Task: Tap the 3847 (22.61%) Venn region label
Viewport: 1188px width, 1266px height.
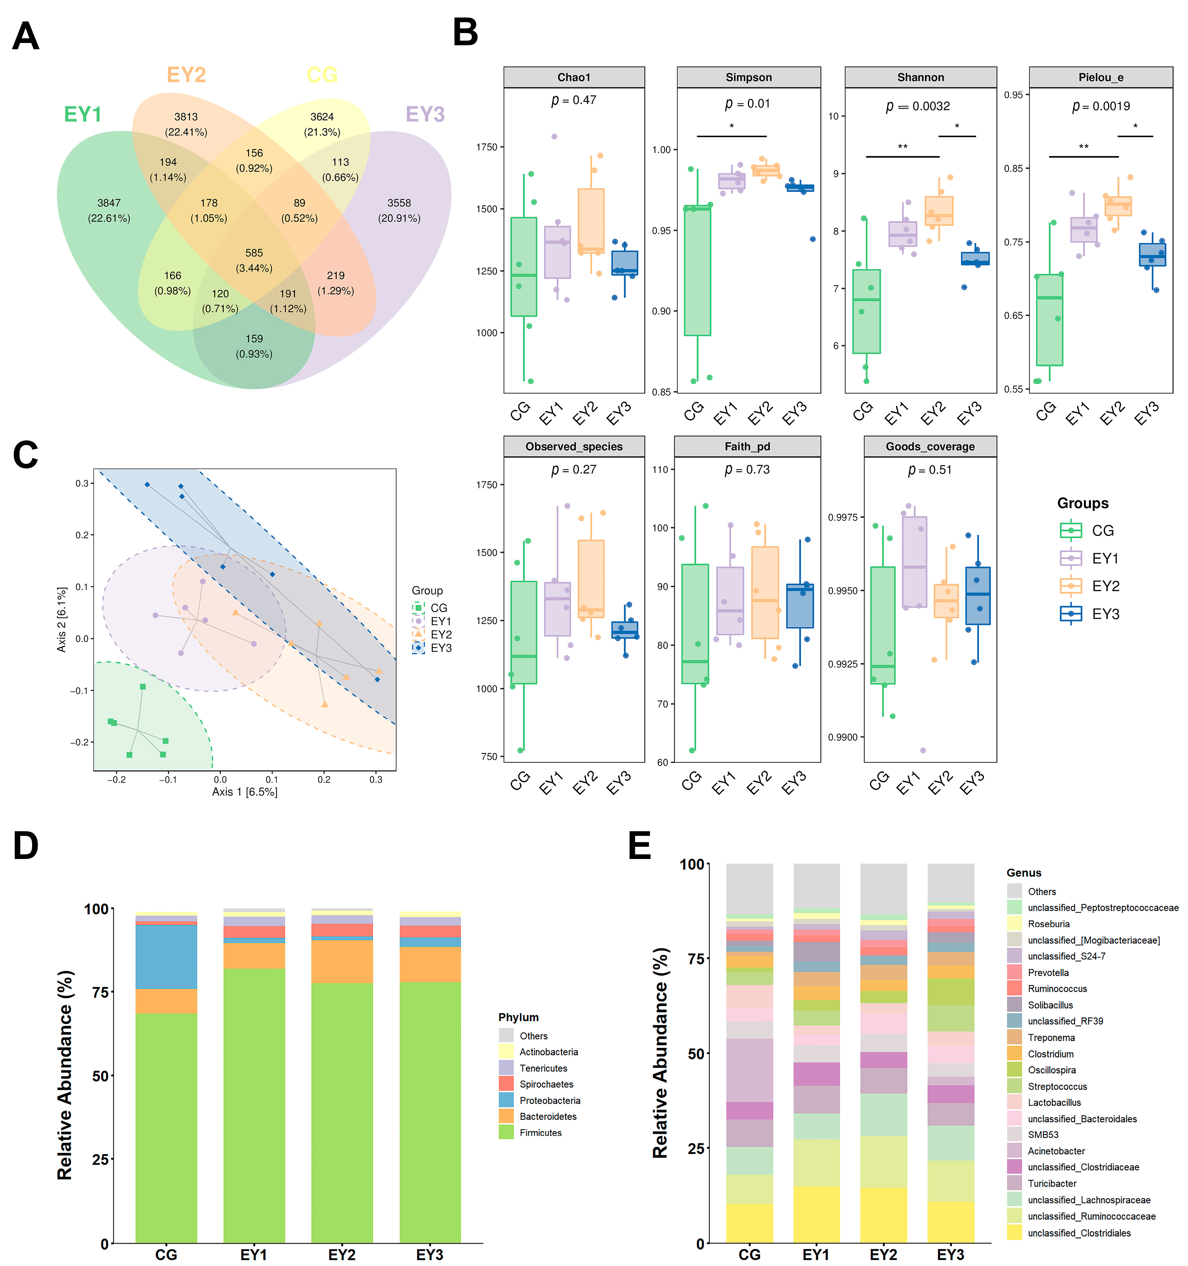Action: [x=109, y=210]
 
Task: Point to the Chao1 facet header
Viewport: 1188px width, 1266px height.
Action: [x=574, y=77]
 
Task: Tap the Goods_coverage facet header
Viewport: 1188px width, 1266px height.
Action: [x=930, y=446]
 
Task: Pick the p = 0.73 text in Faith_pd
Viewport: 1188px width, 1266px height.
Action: [x=747, y=470]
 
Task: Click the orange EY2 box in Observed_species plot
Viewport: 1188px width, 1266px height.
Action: [x=591, y=578]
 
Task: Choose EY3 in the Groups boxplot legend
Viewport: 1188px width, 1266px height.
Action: [x=1105, y=614]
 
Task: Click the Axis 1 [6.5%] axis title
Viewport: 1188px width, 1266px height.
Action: [x=244, y=792]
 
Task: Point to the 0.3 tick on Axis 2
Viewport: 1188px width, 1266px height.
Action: [x=82, y=483]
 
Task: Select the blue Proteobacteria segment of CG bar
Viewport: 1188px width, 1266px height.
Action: [x=166, y=956]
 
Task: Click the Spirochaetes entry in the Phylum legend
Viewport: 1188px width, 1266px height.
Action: [x=546, y=1084]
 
